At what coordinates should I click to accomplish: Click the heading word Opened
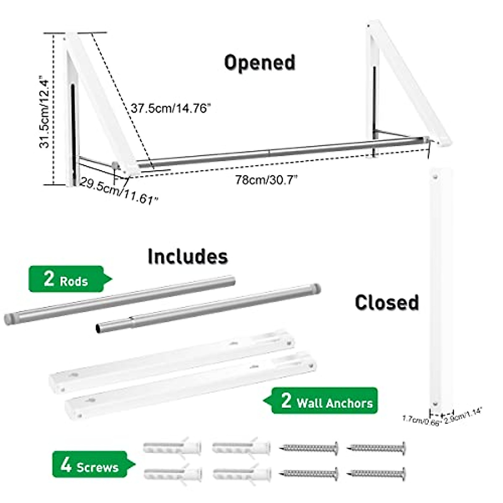coord(259,63)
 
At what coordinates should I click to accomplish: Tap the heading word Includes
coord(187,257)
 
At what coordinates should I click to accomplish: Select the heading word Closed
coord(386,302)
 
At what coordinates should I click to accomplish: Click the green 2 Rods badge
coord(66,279)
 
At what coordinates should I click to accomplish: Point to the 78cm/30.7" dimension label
coord(266,180)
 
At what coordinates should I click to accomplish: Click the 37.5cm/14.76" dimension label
coord(170,109)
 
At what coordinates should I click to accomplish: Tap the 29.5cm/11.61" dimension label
coord(119,190)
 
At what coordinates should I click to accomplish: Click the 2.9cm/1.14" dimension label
coord(463,417)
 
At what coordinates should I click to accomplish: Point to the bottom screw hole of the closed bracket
coord(436,404)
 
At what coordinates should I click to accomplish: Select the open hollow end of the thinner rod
coord(98,329)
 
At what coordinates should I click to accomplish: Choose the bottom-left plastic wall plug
coord(172,474)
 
